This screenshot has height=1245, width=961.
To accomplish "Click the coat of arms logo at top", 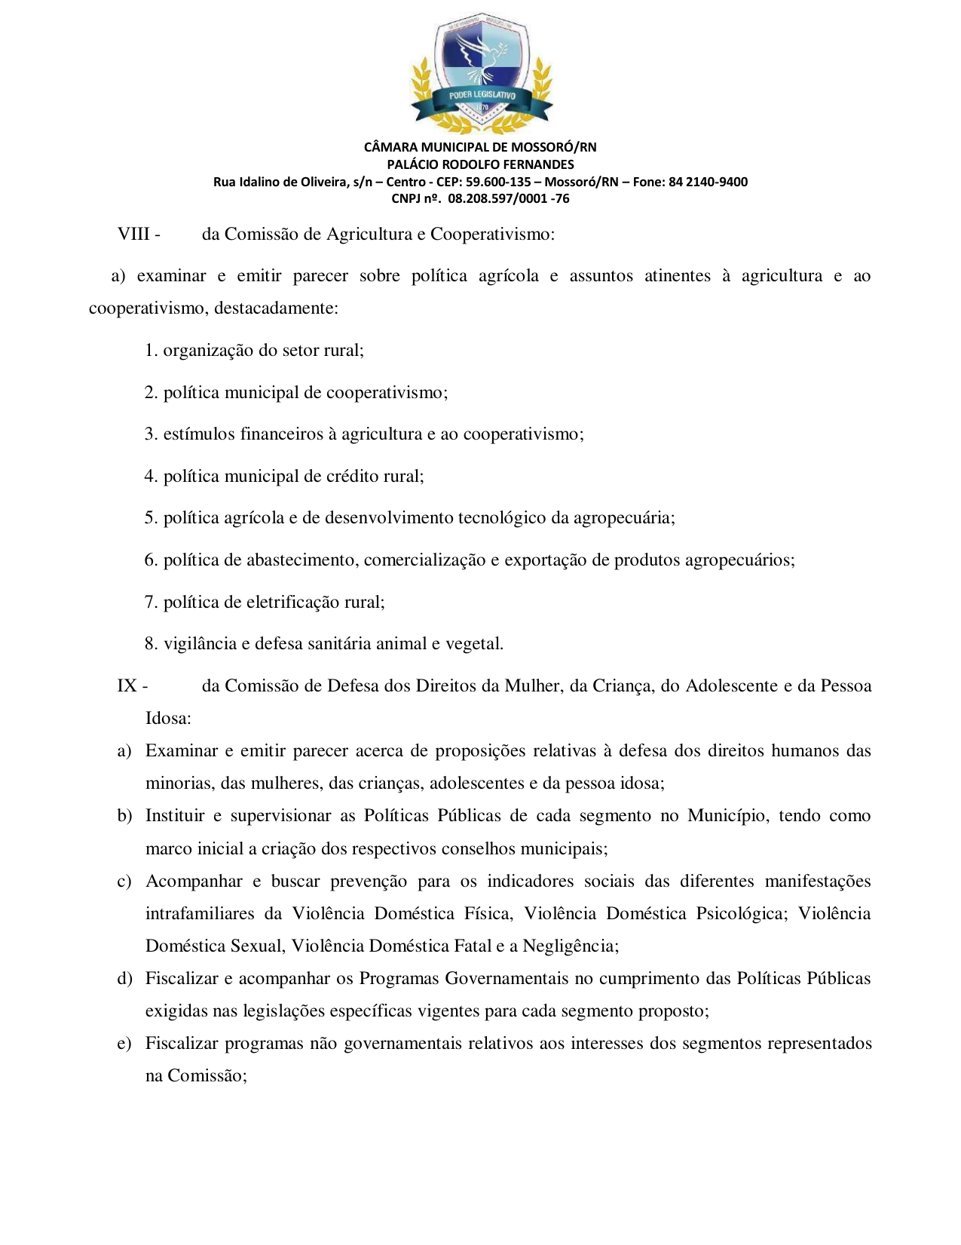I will [480, 74].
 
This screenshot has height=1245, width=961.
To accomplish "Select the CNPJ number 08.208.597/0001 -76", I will [509, 199].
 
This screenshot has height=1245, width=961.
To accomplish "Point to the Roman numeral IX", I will [127, 686].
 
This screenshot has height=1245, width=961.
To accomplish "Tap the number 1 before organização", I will [149, 351].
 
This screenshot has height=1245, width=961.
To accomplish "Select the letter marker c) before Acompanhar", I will [124, 882].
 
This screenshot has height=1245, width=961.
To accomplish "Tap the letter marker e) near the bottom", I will [124, 1044].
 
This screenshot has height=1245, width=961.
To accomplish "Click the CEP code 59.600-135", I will [498, 182].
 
